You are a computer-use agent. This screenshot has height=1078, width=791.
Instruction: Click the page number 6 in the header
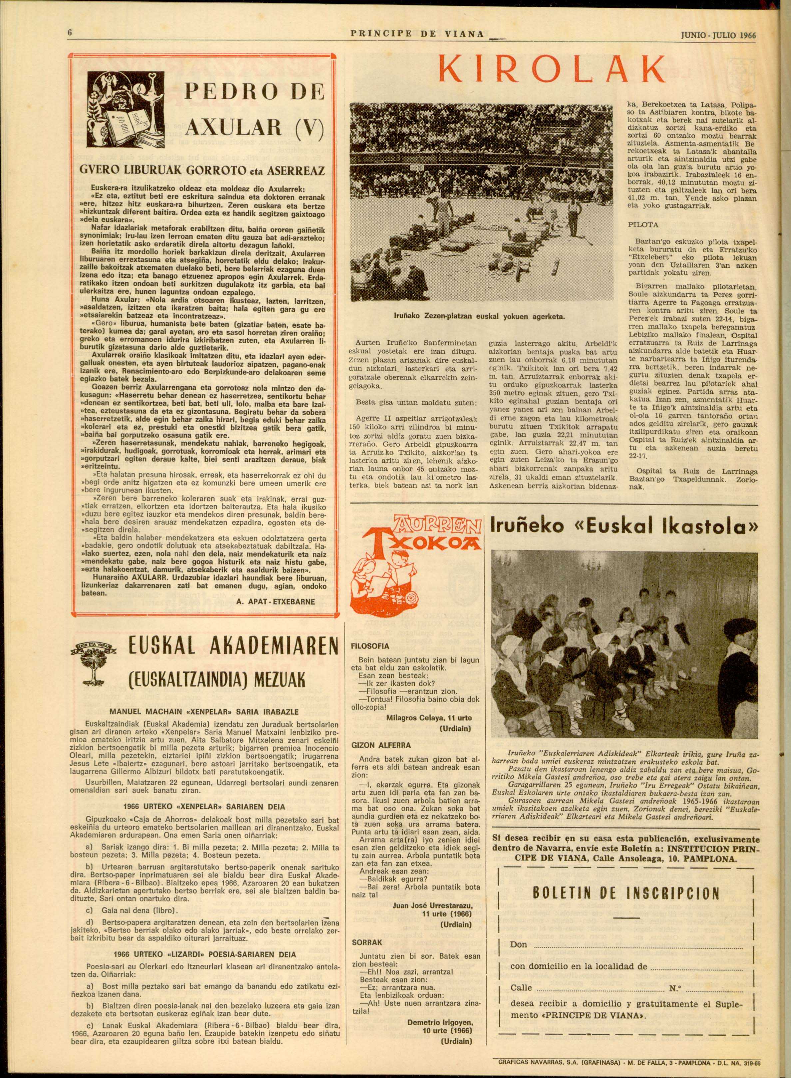point(70,33)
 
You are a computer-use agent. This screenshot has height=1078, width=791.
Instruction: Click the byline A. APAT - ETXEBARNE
point(275,602)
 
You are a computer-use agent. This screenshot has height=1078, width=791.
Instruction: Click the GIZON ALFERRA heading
point(381,745)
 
